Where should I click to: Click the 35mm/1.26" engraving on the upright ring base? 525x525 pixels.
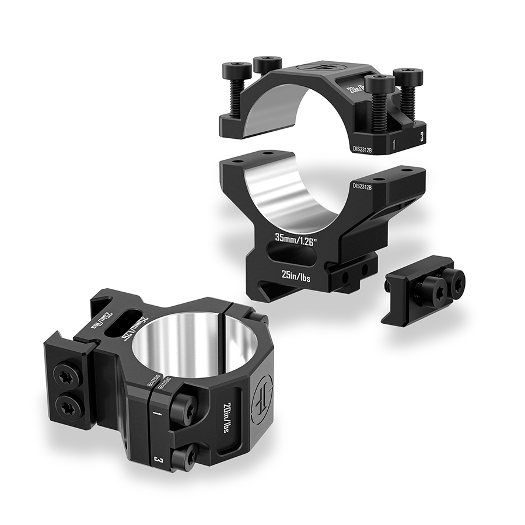pyautogui.click(x=296, y=239)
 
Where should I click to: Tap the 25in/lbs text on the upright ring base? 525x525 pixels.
pyautogui.click(x=296, y=276)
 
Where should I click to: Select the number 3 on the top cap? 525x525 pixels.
pyautogui.click(x=421, y=137)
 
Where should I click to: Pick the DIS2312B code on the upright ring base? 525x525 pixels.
pyautogui.click(x=363, y=186)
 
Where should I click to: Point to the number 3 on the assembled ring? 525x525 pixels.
pyautogui.click(x=157, y=460)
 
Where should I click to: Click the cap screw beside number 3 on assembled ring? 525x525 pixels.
pyautogui.click(x=185, y=458)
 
